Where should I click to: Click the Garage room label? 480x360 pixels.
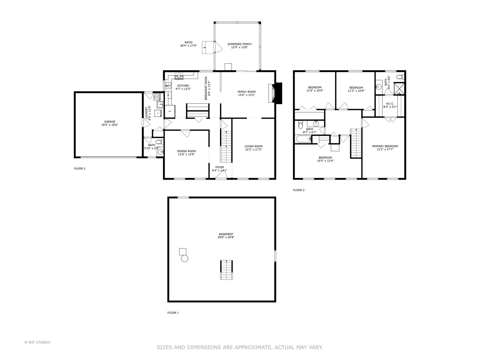coord(110,122)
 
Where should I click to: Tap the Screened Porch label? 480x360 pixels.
coord(239,44)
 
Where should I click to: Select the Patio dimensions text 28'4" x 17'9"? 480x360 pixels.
coord(188,46)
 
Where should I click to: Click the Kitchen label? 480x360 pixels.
coord(183,86)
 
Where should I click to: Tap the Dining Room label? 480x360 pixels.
coord(186,151)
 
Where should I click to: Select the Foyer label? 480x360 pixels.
coord(220,167)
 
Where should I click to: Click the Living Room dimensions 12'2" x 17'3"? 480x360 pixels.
coord(253,150)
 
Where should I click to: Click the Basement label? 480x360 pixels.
coord(226,234)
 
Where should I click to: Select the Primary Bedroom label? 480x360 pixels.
coord(385,146)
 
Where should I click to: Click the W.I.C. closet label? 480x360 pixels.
coord(390,103)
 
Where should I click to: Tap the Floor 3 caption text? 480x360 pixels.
coord(299,190)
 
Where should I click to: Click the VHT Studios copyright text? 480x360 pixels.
coord(37,342)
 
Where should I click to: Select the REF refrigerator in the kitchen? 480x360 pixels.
coord(170,111)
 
